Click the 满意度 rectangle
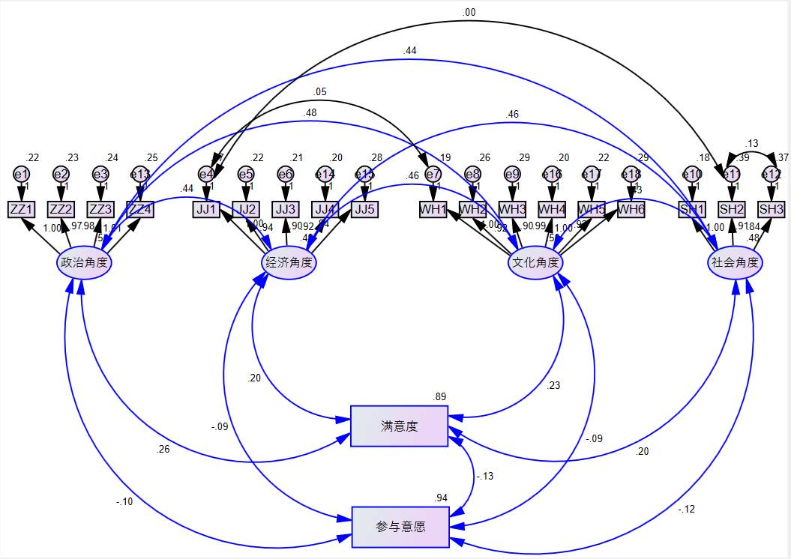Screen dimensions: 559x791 399,426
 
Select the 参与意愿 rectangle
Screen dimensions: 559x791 400,527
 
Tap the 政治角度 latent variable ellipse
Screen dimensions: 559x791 84,263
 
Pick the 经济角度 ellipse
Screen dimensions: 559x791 289,263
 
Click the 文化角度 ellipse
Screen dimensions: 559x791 535,263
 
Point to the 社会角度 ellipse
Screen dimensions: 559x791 736,263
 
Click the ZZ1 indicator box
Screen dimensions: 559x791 21,209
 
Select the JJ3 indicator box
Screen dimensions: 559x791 285,209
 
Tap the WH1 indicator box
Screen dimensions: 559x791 433,209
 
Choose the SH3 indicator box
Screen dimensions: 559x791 771,209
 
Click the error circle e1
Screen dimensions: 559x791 21,175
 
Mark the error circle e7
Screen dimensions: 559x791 433,175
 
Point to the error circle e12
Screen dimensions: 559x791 771,175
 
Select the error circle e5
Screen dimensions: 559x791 245,175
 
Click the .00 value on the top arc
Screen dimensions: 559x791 469,12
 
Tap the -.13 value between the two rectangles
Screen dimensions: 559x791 485,476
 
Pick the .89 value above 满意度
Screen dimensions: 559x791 440,396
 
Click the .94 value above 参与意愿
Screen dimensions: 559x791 441,498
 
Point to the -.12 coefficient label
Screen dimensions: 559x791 686,510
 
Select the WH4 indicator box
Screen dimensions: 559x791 552,209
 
